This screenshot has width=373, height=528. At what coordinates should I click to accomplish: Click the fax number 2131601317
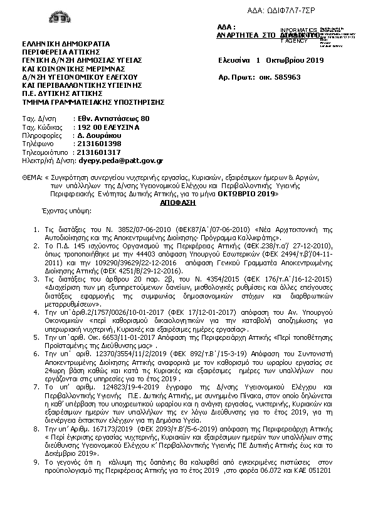97,151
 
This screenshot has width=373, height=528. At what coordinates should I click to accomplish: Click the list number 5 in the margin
35,337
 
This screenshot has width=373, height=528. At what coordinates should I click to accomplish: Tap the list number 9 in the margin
35,460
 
